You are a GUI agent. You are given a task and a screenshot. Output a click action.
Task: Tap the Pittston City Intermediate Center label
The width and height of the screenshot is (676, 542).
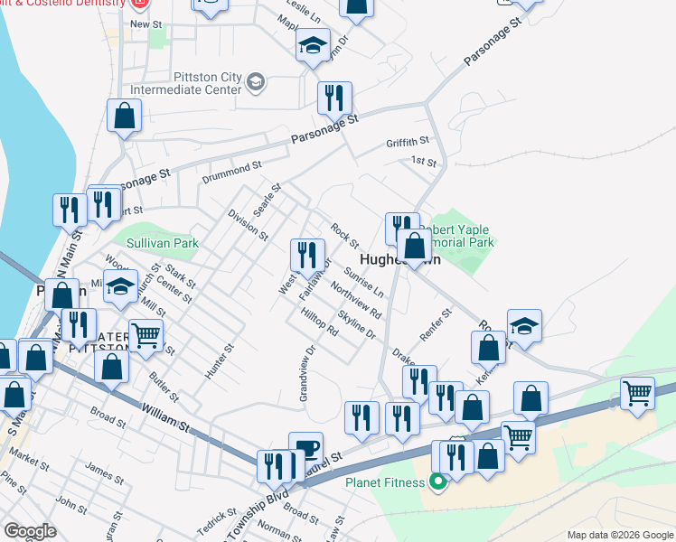pyautogui.click(x=186, y=84)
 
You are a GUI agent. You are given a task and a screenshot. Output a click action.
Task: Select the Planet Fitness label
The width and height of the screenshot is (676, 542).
pyautogui.click(x=384, y=482)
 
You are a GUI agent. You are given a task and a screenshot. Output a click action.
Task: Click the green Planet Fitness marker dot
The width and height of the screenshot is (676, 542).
pyautogui.click(x=438, y=482)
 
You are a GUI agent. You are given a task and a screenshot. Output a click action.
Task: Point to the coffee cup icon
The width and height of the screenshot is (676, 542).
pyautogui.click(x=305, y=449)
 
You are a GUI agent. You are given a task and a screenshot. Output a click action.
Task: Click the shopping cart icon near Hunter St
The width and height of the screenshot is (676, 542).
pyautogui.click(x=145, y=336)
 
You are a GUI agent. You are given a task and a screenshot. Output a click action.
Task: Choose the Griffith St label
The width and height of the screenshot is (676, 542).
pyautogui.click(x=408, y=142)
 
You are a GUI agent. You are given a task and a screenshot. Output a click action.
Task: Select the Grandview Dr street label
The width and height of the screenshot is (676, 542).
pyautogui.click(x=305, y=373)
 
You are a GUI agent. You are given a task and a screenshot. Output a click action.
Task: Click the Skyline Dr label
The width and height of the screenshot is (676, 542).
pyautogui.click(x=356, y=325)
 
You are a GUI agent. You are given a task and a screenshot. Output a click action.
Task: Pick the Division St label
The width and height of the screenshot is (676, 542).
pyautogui.click(x=248, y=225)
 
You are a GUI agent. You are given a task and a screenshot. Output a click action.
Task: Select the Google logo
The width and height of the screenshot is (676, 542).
pyautogui.click(x=30, y=531)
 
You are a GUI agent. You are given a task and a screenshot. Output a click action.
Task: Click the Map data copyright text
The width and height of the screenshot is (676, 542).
pyautogui.click(x=619, y=535)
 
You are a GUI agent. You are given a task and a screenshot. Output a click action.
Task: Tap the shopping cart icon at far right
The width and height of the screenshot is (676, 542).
pyautogui.click(x=638, y=395)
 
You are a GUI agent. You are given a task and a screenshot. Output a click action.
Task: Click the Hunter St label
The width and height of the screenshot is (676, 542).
pyautogui.click(x=219, y=361)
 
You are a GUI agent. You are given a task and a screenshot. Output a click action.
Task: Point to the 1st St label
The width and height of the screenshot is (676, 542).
pyautogui.click(x=423, y=162)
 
